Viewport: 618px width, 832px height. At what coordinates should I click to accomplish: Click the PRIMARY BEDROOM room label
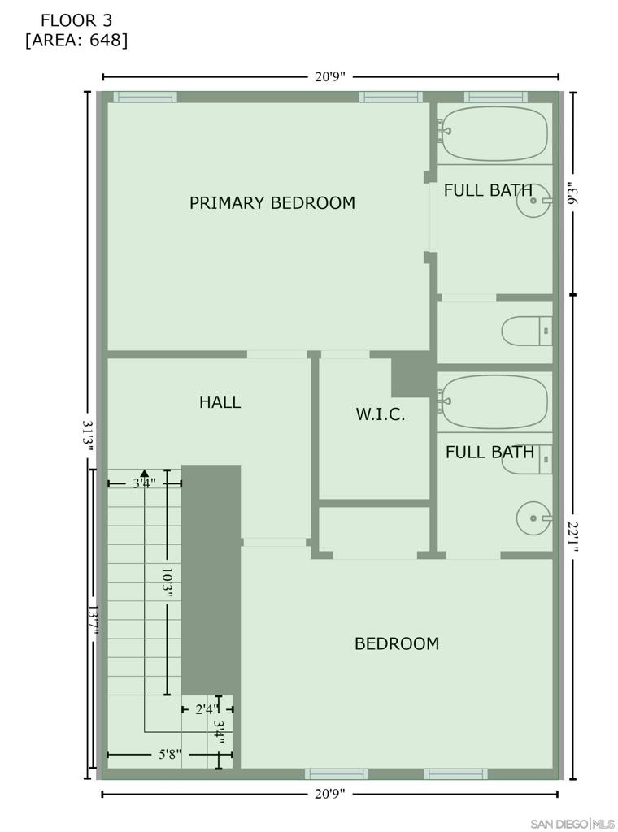point(272,202)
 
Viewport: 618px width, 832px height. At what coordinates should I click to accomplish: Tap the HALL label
point(220,401)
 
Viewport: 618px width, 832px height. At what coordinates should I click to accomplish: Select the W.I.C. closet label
point(381,414)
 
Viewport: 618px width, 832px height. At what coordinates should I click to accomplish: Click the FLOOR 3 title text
point(76,20)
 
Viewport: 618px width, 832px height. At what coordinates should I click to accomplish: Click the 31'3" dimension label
point(88,435)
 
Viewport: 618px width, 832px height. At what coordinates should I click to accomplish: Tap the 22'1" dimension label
point(572,536)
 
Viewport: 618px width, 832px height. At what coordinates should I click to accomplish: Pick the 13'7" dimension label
point(93,620)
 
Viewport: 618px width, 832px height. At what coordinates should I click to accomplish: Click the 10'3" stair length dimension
point(168,583)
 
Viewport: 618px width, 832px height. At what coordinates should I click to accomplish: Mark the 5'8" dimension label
point(170,754)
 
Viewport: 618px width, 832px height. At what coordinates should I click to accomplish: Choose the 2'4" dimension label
point(207,709)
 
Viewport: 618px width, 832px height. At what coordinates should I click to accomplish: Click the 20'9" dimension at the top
point(329,76)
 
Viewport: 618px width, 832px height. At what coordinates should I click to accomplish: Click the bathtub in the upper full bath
point(494,133)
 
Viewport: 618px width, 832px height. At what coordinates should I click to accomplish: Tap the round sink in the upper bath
point(533,201)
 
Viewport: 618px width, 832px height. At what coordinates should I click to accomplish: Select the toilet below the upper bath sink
point(527,331)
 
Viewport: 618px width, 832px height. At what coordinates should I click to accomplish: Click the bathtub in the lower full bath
point(494,402)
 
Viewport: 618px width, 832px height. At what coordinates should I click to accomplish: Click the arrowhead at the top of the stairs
point(144,472)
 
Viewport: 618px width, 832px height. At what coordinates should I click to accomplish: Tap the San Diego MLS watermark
point(573,824)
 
